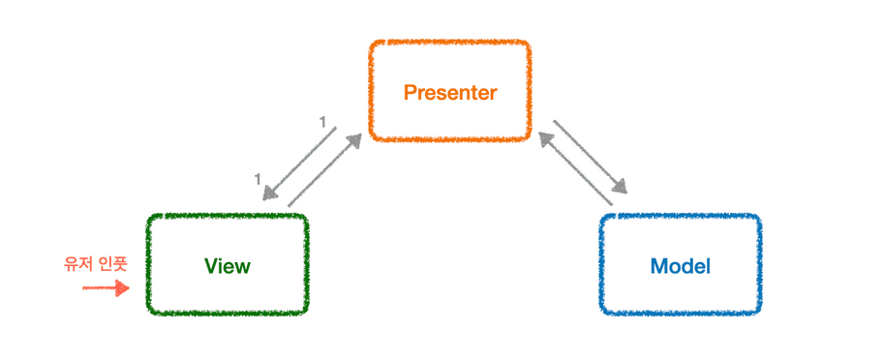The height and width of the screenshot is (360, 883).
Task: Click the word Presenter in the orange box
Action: (449, 93)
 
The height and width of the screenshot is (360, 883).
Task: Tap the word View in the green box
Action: (228, 266)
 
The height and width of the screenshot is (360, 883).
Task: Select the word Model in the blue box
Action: (680, 266)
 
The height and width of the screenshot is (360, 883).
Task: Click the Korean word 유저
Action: (77, 263)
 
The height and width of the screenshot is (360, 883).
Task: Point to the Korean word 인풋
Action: (113, 263)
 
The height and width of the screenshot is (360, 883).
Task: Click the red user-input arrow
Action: (105, 287)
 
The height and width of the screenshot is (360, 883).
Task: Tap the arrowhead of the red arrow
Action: (122, 287)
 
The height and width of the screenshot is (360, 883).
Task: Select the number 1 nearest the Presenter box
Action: (322, 122)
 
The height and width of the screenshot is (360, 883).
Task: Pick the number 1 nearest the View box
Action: (258, 178)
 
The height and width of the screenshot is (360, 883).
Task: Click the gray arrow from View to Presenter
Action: (324, 170)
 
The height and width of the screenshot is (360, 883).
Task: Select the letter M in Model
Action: (659, 266)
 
